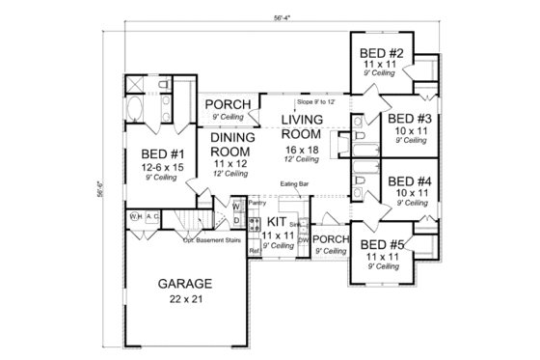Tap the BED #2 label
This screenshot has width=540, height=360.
(380, 53)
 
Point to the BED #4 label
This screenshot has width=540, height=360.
(410, 180)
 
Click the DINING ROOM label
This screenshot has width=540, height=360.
(231, 144)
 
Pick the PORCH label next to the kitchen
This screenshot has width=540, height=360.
(332, 239)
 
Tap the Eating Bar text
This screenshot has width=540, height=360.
(296, 181)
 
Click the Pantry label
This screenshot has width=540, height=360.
(256, 204)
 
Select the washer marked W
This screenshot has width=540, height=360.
(235, 207)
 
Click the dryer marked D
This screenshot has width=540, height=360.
(235, 221)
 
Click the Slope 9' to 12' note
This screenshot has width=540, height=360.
(316, 100)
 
